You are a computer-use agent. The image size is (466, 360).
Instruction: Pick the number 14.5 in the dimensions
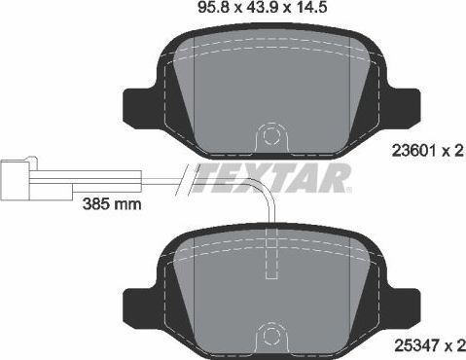(x=310, y=13)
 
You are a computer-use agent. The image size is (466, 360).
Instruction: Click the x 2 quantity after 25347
(x=449, y=344)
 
